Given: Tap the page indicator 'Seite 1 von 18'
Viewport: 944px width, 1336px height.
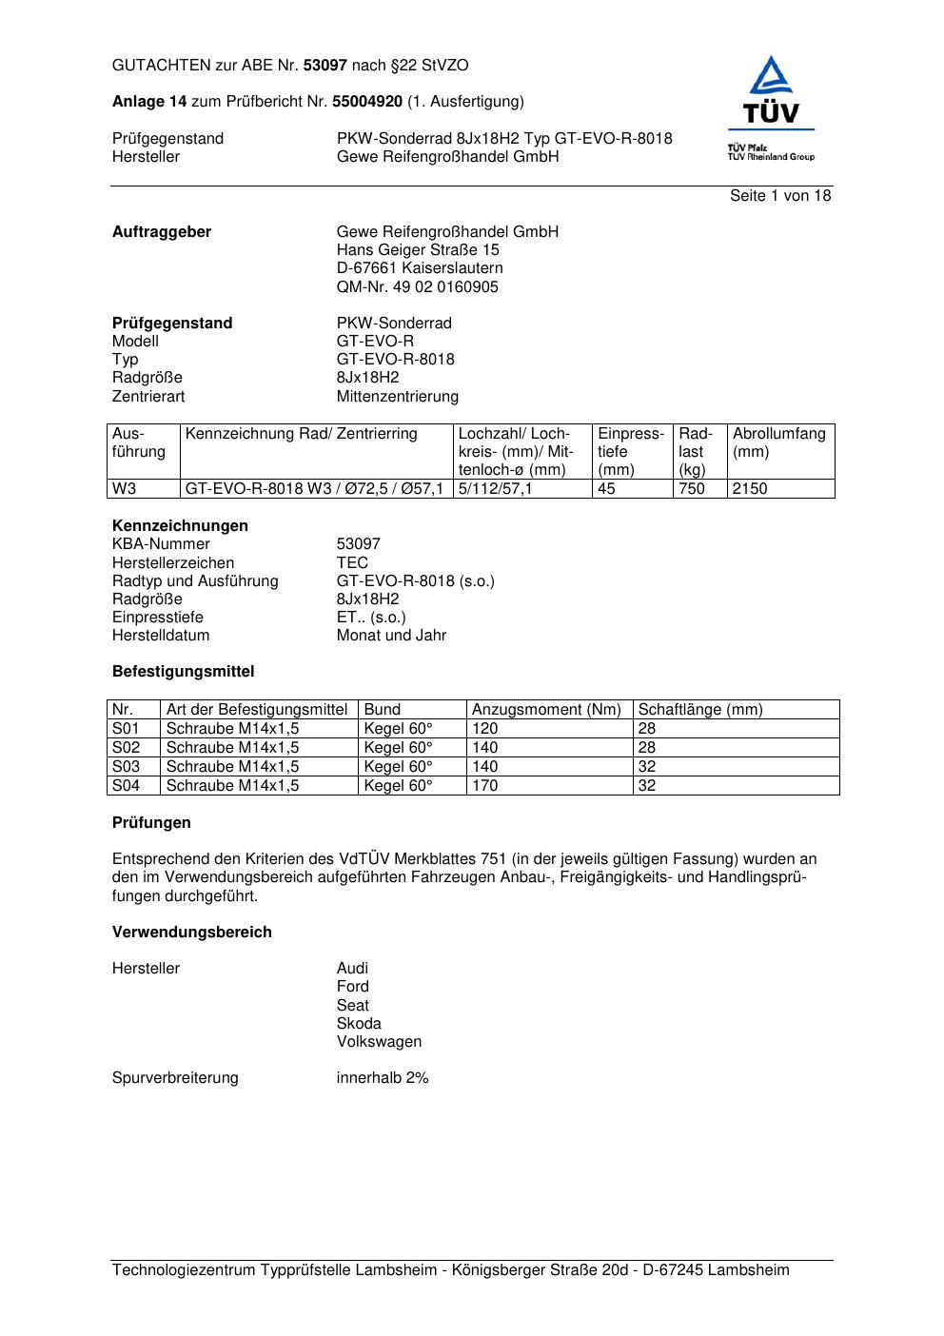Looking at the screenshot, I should [x=780, y=196].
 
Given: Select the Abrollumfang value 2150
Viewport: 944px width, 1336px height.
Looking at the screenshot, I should [x=750, y=489].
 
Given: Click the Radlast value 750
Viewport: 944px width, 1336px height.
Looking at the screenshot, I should [x=691, y=489].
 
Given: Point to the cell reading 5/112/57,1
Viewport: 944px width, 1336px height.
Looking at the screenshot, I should [x=495, y=489].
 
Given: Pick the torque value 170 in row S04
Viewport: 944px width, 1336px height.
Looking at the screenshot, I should [x=485, y=786].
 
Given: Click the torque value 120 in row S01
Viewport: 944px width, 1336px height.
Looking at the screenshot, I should [x=485, y=729].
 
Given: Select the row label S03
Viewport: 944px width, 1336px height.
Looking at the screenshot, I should [x=126, y=767].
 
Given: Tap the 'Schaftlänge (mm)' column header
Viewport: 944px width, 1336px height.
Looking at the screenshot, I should [x=700, y=710].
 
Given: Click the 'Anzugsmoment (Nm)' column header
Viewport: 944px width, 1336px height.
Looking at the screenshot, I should [x=546, y=710].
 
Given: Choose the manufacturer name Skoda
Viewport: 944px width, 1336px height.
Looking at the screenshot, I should [x=359, y=1024].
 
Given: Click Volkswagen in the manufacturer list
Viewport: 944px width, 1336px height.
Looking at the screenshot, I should [x=379, y=1042].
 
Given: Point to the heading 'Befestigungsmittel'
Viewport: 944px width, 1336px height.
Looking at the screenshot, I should [x=184, y=672].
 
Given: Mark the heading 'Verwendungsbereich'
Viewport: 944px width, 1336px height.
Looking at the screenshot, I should [x=192, y=933].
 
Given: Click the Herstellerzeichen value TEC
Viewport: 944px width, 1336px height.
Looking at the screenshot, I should [x=352, y=563].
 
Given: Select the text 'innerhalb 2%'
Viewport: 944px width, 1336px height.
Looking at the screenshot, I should [x=383, y=1078].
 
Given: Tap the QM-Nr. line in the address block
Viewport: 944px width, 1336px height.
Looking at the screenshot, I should [x=417, y=287].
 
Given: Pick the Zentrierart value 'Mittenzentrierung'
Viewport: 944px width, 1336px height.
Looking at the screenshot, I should [x=397, y=397].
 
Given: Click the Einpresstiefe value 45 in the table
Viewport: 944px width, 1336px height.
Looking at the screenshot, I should [x=606, y=489].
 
